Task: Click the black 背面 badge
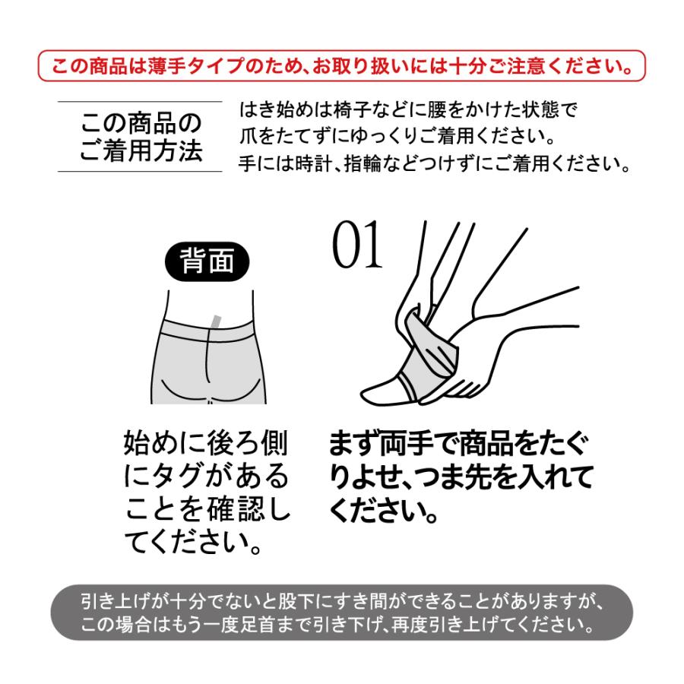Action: click(207, 263)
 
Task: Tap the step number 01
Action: click(357, 248)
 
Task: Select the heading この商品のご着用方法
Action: click(141, 138)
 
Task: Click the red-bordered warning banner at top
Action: click(341, 65)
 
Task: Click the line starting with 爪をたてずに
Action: click(395, 138)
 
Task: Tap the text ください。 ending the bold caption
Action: click(384, 511)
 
